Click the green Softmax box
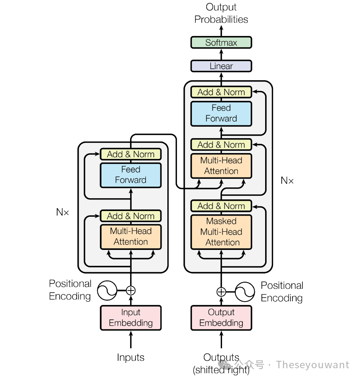pos(221,43)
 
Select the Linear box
pos(221,66)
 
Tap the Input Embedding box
pos(130,318)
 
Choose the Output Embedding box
pos(221,318)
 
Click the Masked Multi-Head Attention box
pos(221,232)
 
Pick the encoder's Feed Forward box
pos(130,175)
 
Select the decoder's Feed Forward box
pos(221,113)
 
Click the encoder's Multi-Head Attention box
pos(130,237)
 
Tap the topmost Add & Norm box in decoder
pos(221,92)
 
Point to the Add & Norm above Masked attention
pos(221,206)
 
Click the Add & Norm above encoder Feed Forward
pos(130,154)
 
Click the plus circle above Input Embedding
pos(130,290)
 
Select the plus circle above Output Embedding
pos(221,292)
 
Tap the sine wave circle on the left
pos(107,290)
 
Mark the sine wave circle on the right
pos(244,292)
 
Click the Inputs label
pos(130,357)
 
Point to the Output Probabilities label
pos(221,13)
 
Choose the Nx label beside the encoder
pos(63,212)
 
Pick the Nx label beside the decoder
pos(287,180)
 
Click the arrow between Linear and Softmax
pos(221,54)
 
